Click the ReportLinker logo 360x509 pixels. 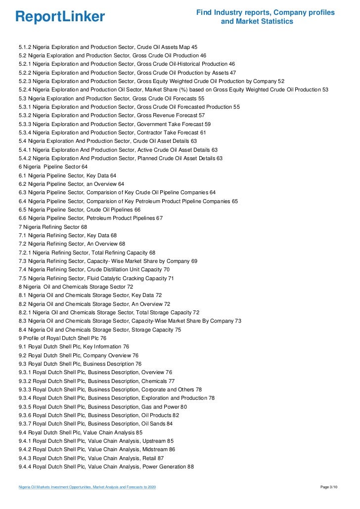tap(60, 17)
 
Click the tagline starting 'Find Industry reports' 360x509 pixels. tap(265, 17)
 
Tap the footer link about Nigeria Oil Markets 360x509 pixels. tap(87, 488)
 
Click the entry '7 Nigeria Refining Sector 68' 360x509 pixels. tap(52, 226)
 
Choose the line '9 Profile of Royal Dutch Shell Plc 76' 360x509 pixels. tap(62, 338)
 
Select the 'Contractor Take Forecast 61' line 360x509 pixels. tap(112, 132)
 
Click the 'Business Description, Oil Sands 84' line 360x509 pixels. tap(95, 424)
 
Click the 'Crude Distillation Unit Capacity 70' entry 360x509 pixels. tap(94, 269)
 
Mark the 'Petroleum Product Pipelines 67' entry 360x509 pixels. tap(90, 218)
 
